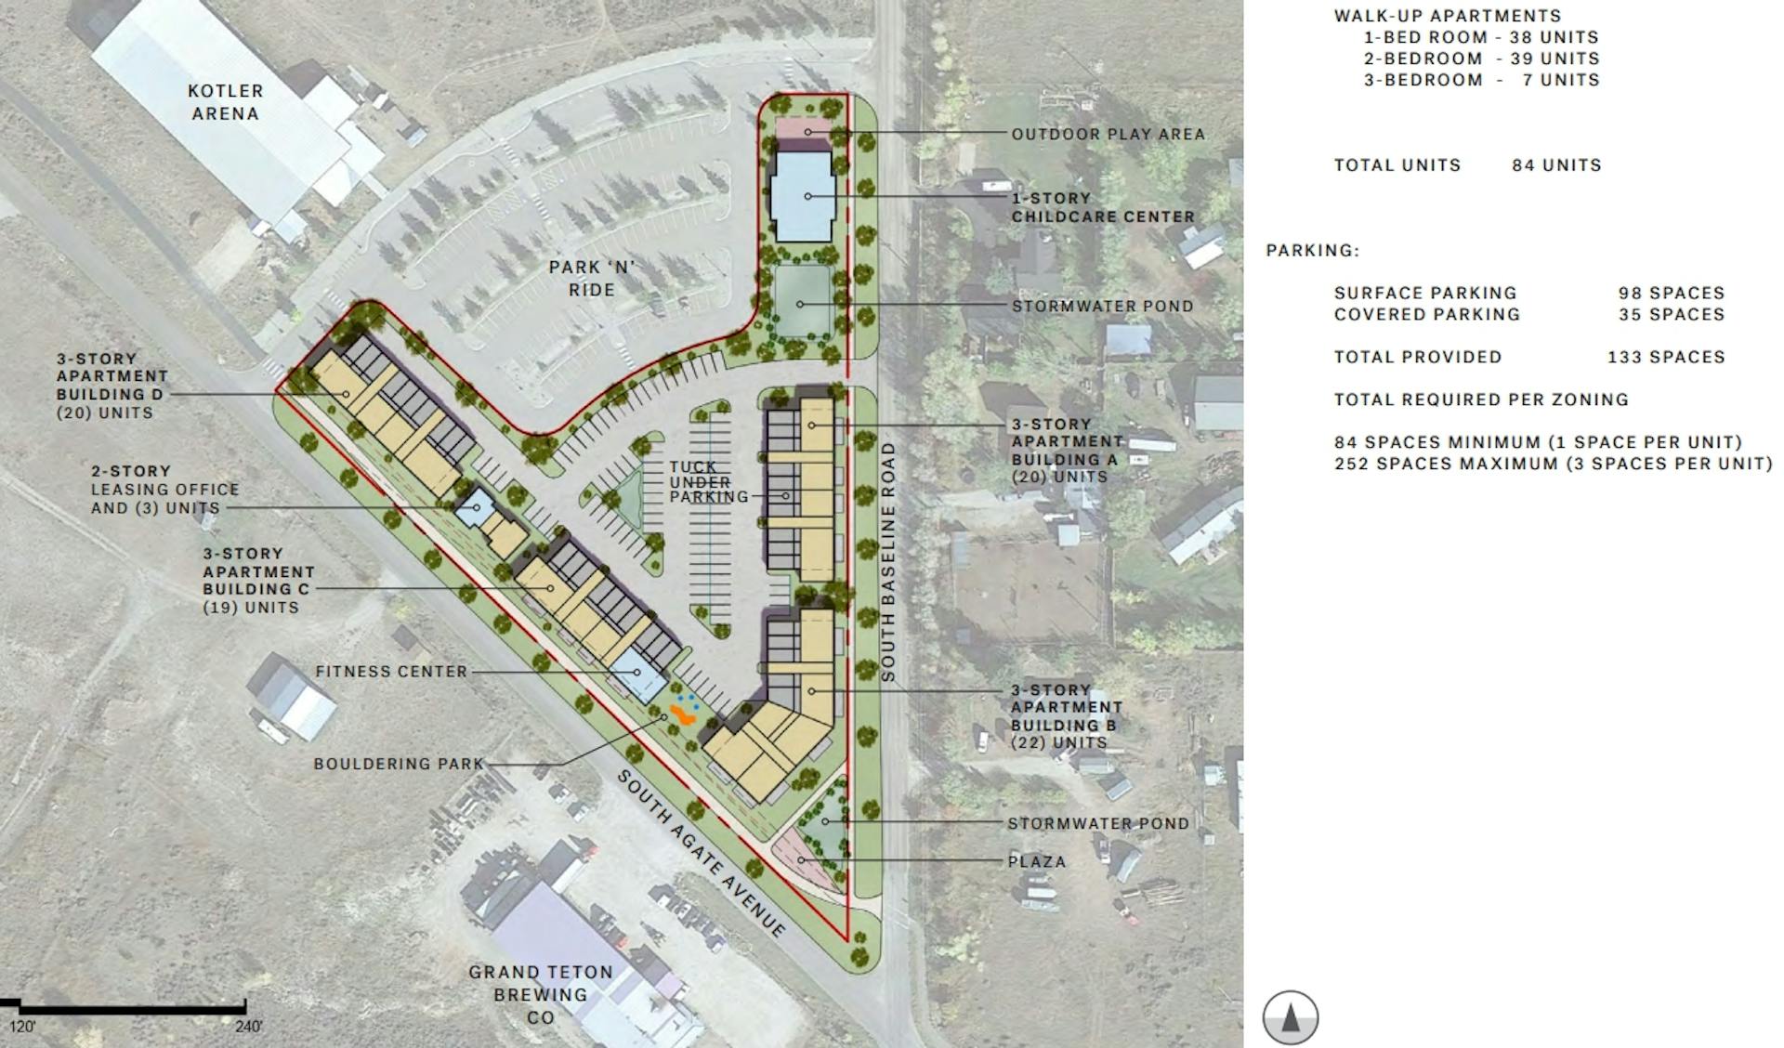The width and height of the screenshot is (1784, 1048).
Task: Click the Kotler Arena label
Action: (x=225, y=102)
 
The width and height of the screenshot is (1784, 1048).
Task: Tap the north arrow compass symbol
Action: (x=1290, y=1017)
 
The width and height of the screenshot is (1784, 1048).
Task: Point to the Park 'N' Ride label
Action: (x=592, y=279)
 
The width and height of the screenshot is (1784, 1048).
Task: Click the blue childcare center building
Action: (x=803, y=196)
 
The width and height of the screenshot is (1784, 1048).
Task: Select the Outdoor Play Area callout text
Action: (x=1108, y=135)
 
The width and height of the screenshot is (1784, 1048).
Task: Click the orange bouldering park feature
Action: (x=685, y=714)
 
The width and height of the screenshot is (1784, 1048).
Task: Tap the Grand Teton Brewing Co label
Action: (x=541, y=994)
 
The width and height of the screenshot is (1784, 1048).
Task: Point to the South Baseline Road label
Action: (x=888, y=562)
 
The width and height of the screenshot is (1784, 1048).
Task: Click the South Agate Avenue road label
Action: (x=702, y=852)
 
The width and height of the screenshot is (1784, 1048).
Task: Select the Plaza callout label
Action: (x=1037, y=862)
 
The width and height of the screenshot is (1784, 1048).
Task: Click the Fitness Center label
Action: (x=391, y=672)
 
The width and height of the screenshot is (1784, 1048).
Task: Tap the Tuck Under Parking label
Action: (x=708, y=481)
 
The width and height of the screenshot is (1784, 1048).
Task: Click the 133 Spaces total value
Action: (x=1666, y=358)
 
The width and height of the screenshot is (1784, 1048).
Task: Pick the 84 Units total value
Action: (x=1556, y=165)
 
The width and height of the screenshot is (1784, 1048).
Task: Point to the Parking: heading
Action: (x=1312, y=251)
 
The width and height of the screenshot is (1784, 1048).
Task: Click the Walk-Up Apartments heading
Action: (x=1448, y=16)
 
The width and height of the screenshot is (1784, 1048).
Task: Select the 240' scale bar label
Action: (x=248, y=1027)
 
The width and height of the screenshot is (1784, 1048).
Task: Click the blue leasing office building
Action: (x=476, y=506)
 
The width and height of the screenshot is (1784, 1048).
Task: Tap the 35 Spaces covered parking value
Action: (x=1672, y=315)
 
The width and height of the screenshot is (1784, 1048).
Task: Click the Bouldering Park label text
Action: (x=399, y=764)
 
